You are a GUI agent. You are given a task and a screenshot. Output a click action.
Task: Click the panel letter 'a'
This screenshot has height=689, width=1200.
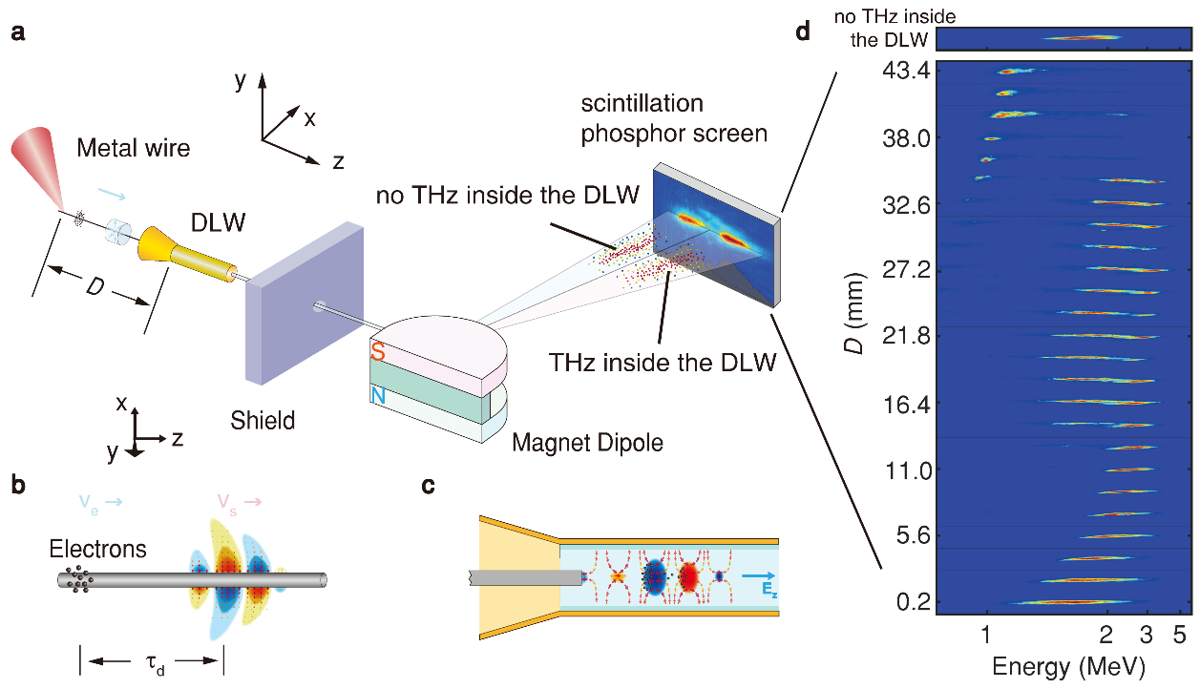[x=18, y=33]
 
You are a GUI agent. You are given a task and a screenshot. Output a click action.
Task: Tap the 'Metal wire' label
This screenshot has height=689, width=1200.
[x=134, y=148]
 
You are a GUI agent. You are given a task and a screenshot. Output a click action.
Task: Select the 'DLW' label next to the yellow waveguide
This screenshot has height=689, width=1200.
[x=218, y=222]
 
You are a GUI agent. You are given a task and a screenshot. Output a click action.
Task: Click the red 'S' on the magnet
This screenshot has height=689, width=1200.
[x=378, y=352]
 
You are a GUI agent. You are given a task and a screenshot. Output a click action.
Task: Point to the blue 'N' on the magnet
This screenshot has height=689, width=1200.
[x=378, y=396]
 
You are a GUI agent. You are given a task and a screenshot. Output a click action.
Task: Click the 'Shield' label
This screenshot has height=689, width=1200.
[x=263, y=420]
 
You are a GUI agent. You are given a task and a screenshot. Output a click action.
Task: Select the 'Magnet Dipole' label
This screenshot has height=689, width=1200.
[x=587, y=443]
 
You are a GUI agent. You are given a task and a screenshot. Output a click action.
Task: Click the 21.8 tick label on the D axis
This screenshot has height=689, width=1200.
[x=906, y=336]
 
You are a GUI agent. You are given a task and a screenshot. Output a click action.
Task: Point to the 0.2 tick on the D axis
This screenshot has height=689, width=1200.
[x=914, y=602]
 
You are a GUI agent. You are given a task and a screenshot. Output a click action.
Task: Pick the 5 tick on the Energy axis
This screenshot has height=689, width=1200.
[x=1179, y=635]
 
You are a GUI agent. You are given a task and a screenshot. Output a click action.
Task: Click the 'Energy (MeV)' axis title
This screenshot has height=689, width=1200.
[x=1069, y=667]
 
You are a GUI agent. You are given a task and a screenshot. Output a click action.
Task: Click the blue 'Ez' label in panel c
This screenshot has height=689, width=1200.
[x=768, y=590]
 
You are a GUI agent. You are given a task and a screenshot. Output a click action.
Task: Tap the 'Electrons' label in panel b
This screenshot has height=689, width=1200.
[x=97, y=549]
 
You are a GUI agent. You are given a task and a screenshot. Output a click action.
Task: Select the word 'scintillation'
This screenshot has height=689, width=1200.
[x=642, y=103]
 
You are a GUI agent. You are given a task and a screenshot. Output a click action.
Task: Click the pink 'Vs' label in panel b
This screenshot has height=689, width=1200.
[x=226, y=503]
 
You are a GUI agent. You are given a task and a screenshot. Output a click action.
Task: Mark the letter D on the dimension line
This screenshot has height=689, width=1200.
[x=95, y=288]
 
